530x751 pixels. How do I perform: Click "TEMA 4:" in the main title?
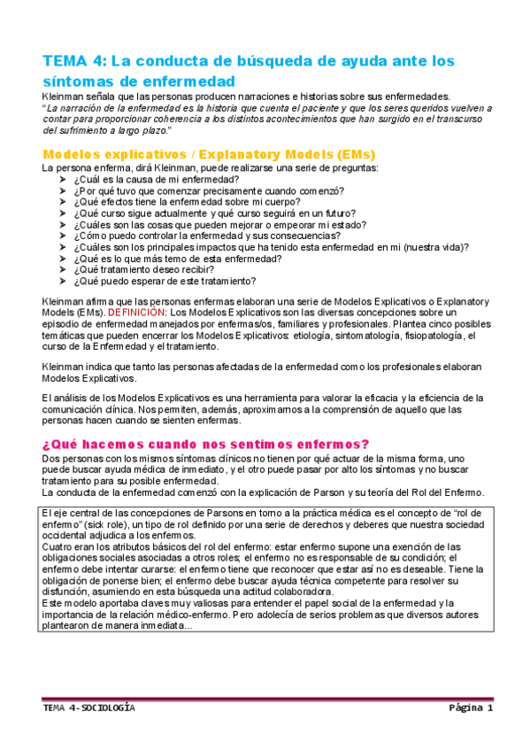tap(73, 61)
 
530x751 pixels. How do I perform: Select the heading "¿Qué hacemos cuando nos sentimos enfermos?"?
tap(205, 444)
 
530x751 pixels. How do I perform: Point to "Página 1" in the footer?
tap(470, 709)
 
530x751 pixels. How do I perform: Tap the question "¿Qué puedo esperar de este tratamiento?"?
tap(165, 282)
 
